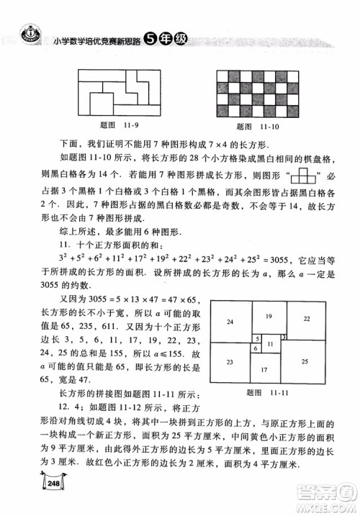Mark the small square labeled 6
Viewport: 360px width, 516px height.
[x=255, y=349]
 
